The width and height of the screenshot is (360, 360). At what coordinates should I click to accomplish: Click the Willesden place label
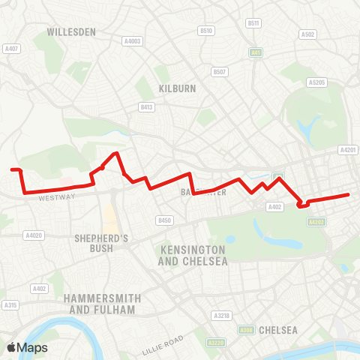70,32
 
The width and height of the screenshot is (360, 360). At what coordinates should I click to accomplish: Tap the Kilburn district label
177,88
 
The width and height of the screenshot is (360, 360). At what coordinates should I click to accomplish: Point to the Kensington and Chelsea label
192,255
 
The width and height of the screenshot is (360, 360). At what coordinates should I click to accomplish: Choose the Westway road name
58,197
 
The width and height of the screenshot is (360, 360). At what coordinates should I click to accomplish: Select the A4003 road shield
133,41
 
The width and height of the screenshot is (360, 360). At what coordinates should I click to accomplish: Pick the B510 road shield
206,30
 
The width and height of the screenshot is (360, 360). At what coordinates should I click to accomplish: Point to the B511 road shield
253,23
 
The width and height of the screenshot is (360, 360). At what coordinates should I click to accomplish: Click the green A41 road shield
256,52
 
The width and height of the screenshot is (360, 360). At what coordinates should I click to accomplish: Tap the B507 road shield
219,72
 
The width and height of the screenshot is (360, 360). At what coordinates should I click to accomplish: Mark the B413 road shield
146,107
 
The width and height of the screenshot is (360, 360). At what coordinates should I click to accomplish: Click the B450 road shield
165,220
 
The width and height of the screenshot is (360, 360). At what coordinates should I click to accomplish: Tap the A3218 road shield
220,316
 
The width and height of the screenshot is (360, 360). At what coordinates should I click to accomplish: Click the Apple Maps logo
27,347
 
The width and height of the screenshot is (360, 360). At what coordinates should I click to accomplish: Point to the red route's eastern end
349,195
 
